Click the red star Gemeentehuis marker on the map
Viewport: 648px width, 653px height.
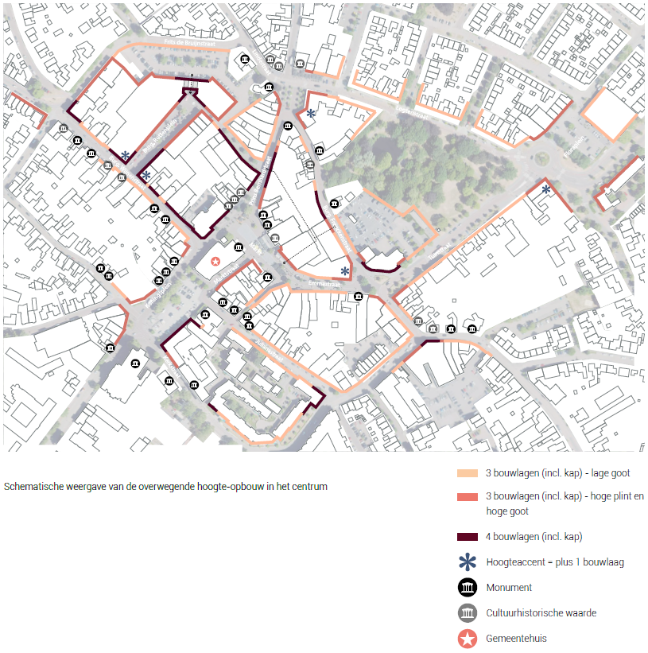click(x=215, y=261)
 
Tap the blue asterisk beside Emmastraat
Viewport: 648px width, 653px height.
click(x=345, y=272)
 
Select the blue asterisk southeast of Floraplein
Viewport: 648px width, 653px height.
click(x=546, y=189)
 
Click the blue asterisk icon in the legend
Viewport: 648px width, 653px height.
click(x=468, y=562)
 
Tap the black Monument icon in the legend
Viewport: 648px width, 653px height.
click(x=468, y=588)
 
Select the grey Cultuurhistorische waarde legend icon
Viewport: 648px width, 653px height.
click(x=468, y=613)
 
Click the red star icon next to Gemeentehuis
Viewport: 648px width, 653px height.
click(x=468, y=638)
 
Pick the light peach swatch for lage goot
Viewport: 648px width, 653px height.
click(x=468, y=473)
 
